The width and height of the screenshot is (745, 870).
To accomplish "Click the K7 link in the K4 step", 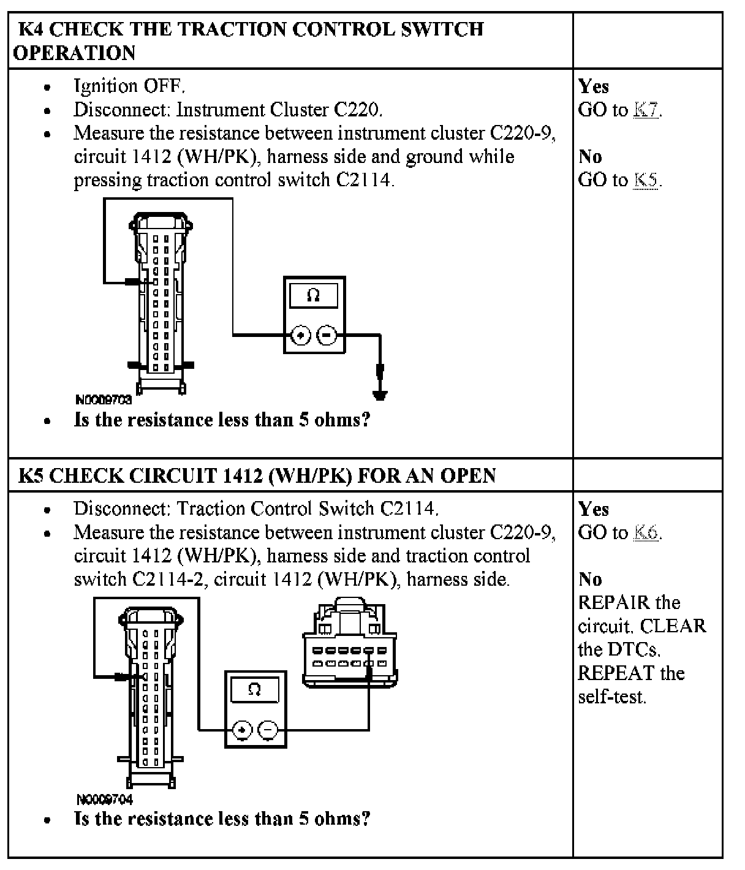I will click(647, 110).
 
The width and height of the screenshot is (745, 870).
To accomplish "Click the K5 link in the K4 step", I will click(647, 180).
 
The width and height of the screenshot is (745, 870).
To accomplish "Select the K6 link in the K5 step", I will click(647, 532).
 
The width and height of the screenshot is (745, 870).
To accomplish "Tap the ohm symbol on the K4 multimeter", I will click(313, 295).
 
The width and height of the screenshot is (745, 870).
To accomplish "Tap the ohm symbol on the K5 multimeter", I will click(255, 689).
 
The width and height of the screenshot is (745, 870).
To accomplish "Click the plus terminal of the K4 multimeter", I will click(300, 335).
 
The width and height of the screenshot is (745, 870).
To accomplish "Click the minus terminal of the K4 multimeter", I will click(327, 335).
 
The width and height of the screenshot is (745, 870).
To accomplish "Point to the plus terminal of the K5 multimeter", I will click(243, 730).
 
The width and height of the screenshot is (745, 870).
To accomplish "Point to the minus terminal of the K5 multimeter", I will click(268, 730).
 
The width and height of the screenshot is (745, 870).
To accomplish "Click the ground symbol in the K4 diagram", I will click(380, 393).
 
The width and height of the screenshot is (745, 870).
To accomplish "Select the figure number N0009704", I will click(105, 799).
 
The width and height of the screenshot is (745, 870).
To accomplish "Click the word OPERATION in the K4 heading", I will click(74, 53).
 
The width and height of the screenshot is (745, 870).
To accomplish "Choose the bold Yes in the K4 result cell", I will click(593, 86).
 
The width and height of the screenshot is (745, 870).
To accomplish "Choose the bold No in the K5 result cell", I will click(590, 579).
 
